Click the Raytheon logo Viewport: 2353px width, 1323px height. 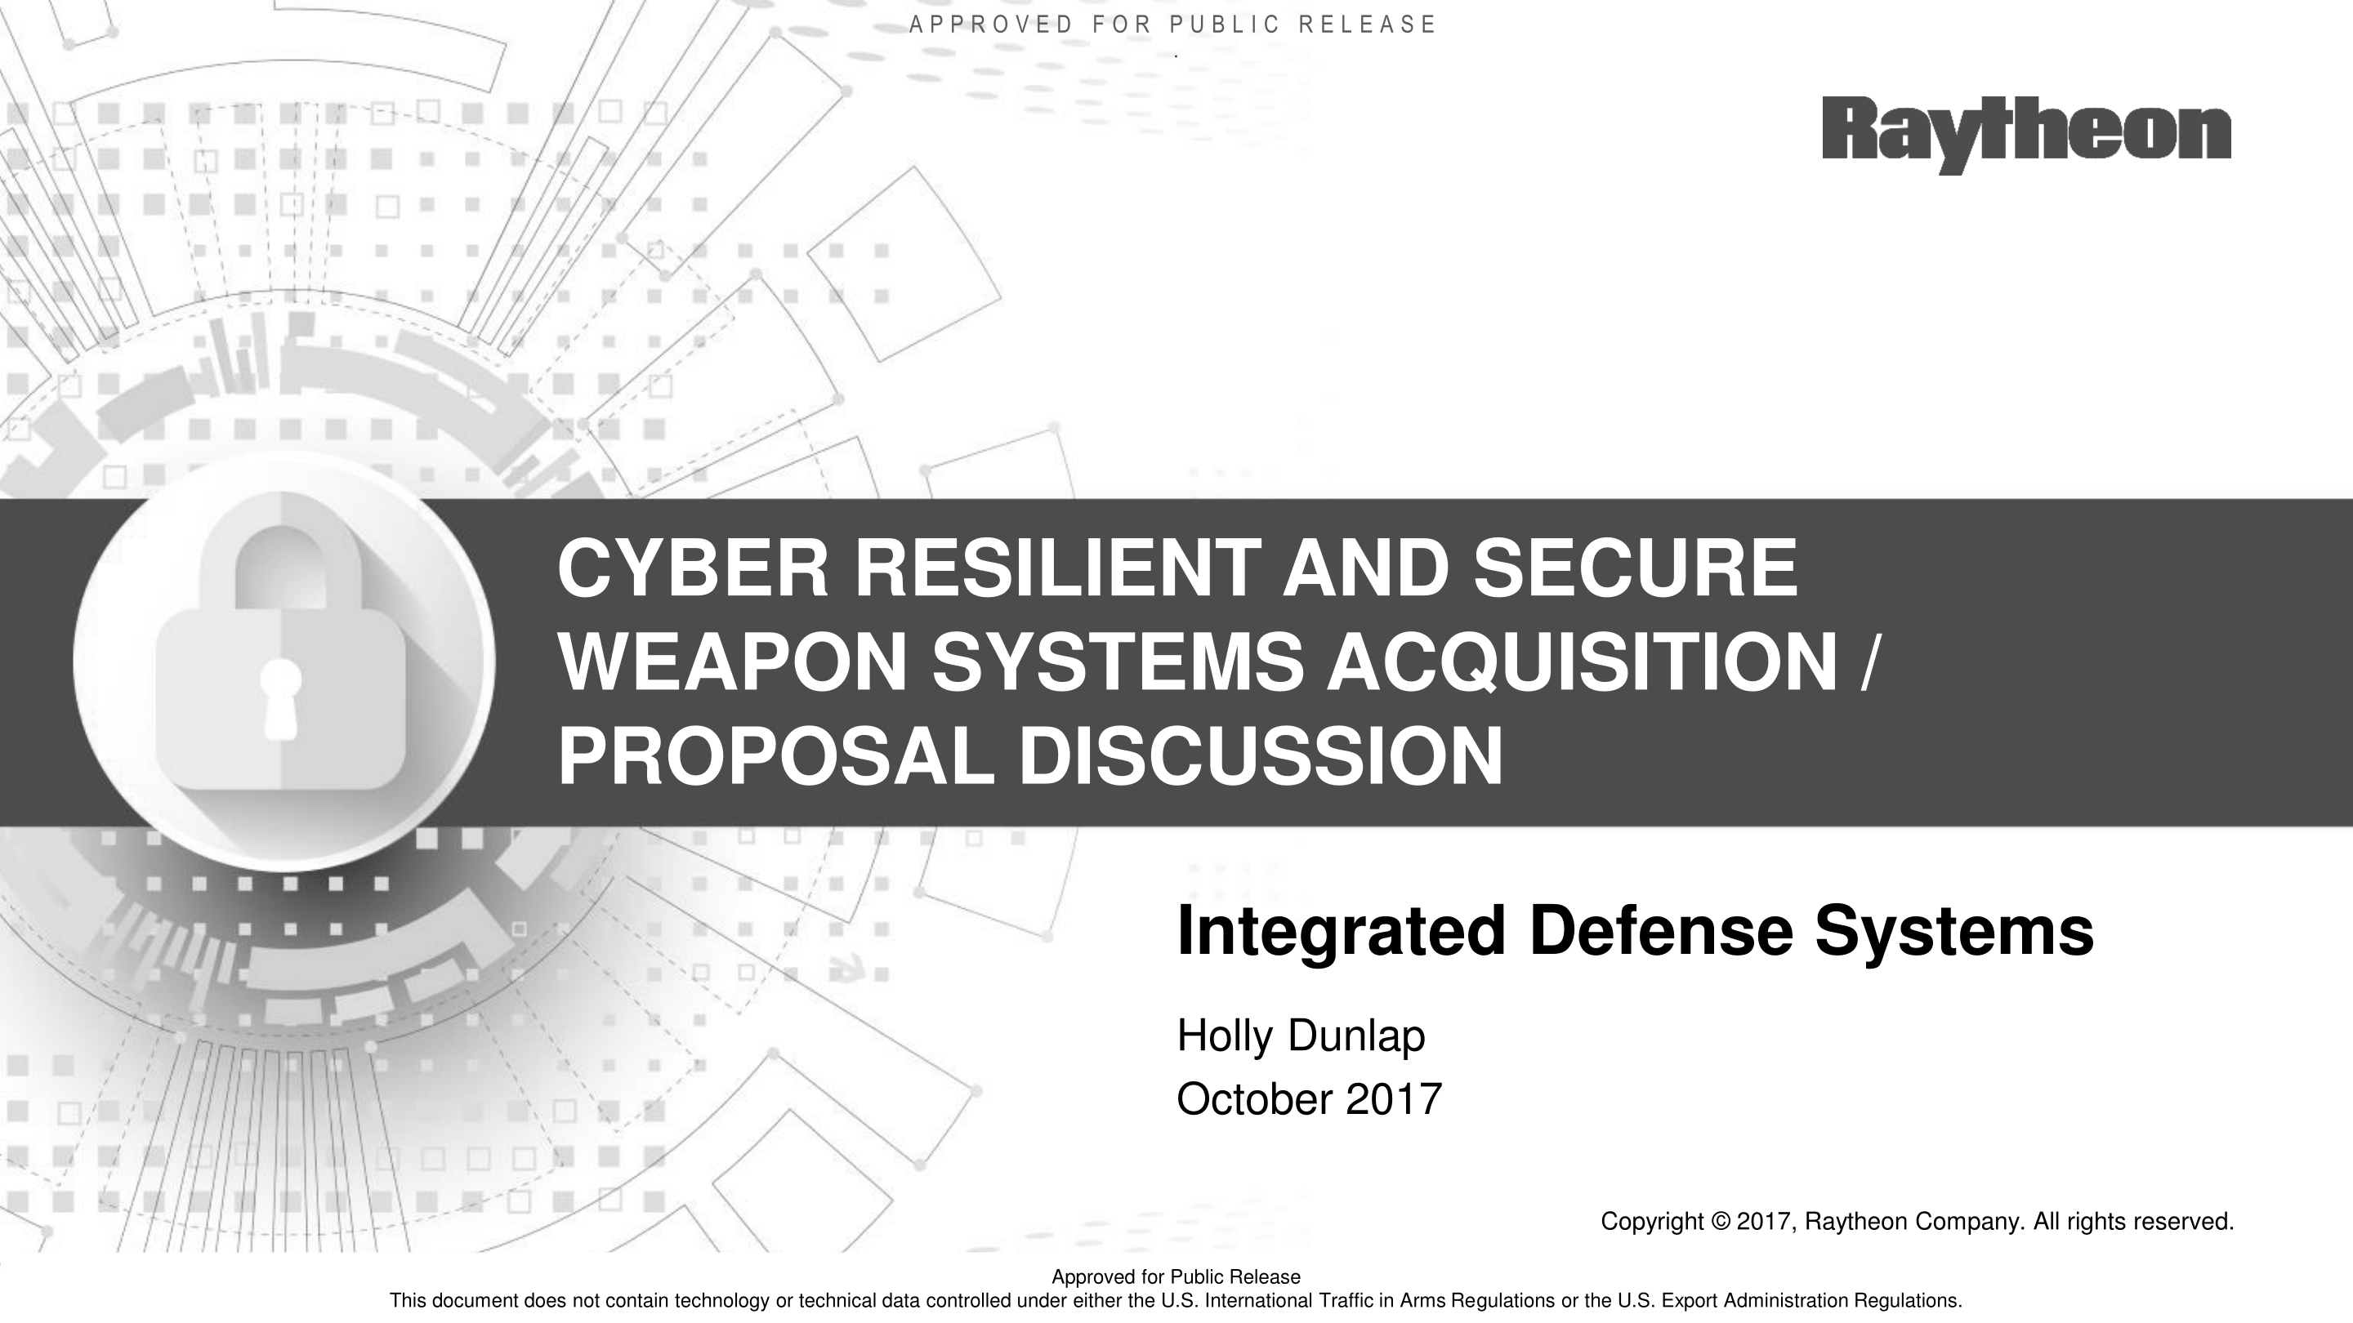click(x=2026, y=134)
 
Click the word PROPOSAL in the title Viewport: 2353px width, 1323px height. click(x=775, y=757)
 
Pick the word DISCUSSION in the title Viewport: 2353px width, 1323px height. click(x=1261, y=757)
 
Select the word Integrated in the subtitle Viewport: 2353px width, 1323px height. click(x=1341, y=931)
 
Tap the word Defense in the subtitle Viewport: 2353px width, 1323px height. click(x=1662, y=931)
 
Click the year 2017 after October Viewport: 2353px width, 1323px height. click(x=1394, y=1099)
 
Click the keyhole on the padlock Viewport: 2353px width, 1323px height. click(x=280, y=697)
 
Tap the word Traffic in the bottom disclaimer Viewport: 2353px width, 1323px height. click(x=1348, y=1300)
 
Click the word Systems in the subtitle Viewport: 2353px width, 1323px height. click(x=1956, y=931)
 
